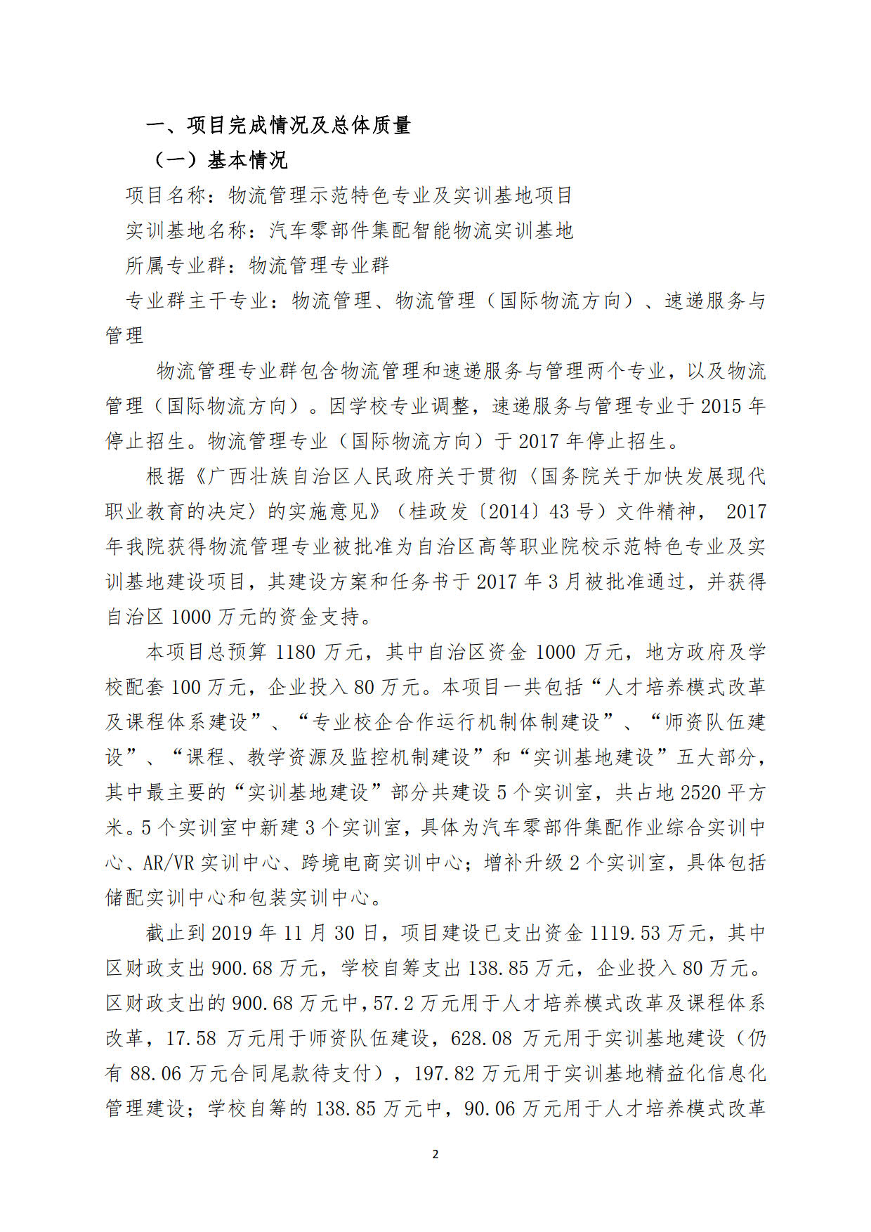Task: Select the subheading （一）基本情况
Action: (219, 161)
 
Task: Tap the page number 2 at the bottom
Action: (435, 1154)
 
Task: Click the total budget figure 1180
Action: (295, 652)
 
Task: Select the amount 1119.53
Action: (625, 933)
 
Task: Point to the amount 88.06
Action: (155, 1073)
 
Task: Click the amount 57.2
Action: (393, 1003)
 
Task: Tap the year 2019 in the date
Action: (231, 933)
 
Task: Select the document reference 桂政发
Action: (439, 511)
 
